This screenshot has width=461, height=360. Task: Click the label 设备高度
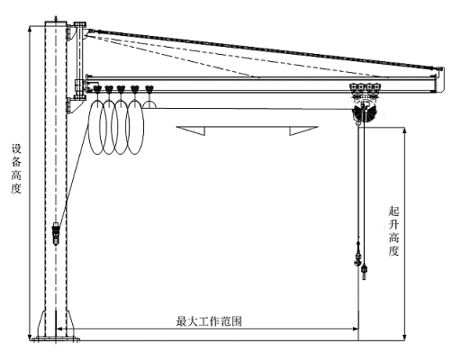click(16, 169)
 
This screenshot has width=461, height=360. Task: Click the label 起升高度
click(393, 230)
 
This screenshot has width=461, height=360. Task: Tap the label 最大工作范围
click(209, 321)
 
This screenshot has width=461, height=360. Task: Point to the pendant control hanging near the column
click(56, 233)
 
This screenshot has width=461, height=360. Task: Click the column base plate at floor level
click(56, 339)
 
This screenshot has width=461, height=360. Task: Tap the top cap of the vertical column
click(56, 23)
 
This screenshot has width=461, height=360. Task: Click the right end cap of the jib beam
click(440, 80)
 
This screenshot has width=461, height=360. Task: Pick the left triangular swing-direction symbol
click(191, 130)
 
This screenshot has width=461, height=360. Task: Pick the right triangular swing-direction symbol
click(303, 130)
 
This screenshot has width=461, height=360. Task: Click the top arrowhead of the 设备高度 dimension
click(30, 29)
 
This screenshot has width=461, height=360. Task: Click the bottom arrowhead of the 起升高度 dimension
click(404, 337)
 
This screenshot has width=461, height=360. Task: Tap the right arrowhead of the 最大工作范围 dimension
click(355, 328)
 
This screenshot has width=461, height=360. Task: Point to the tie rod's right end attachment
click(438, 69)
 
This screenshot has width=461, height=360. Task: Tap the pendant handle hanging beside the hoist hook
click(365, 271)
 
